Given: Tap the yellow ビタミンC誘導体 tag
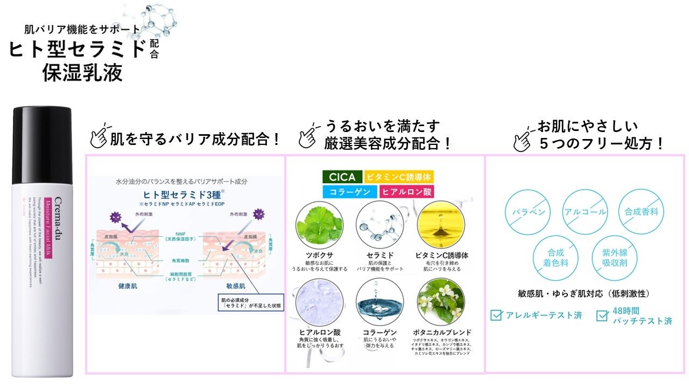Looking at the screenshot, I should point(398,177).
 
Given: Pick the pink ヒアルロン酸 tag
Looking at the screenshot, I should point(407,191).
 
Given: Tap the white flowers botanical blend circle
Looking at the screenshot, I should point(441,301).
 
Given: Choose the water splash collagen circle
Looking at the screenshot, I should point(380,301).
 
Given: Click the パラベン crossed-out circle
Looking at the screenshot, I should point(528,212).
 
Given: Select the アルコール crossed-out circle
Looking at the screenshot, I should point(585,212).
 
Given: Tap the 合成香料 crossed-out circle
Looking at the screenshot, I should point(641,212).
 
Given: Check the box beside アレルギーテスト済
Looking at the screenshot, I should point(496,315).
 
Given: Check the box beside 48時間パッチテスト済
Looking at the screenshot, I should point(602,315).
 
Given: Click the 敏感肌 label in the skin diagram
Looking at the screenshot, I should point(235,286).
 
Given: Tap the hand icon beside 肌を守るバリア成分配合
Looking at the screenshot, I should point(99,137).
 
